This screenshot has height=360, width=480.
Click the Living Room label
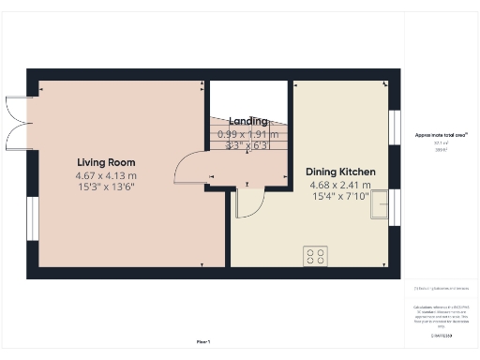pos(106,162)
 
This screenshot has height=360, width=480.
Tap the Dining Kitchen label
pos(341,172)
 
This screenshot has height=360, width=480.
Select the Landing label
pos(248,121)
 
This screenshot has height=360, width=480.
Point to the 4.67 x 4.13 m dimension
pos(106,175)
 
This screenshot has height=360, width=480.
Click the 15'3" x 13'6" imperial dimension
pos(106,187)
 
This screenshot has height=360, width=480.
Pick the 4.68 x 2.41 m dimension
pos(341,185)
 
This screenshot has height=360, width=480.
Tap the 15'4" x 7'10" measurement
pos(341,196)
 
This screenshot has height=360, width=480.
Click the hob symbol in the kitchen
pos(315,255)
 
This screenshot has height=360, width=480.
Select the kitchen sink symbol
pos(381,204)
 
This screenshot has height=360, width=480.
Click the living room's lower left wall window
pos(32,217)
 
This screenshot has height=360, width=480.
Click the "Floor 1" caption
pos(203,340)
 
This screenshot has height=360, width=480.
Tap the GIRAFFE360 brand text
pos(442,334)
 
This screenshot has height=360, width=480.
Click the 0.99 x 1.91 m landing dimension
pos(248,134)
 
